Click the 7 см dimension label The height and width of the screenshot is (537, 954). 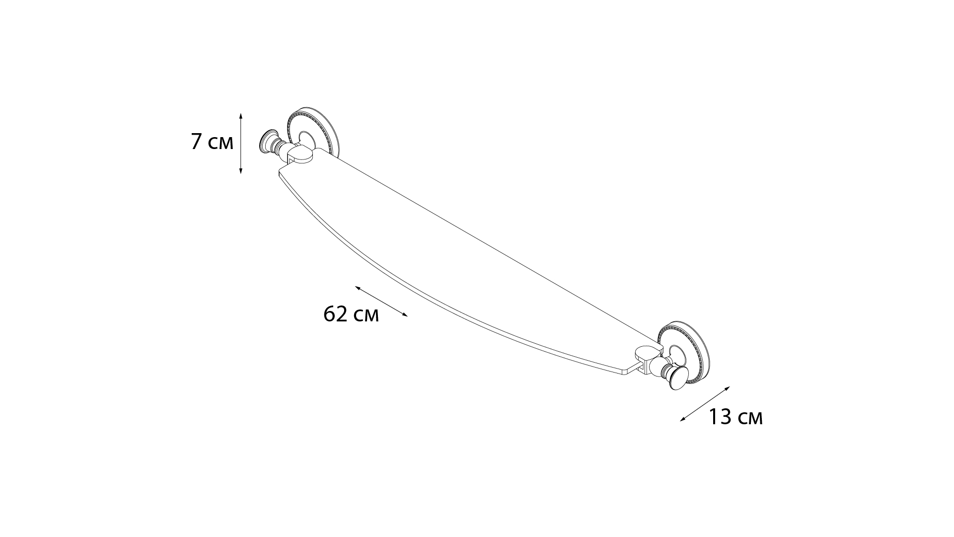212,143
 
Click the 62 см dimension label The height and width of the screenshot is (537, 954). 351,314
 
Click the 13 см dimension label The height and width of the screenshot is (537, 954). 735,417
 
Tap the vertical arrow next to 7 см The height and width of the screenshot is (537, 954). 241,143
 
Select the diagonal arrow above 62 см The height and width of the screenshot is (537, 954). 381,302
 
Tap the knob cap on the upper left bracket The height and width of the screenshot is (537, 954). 268,141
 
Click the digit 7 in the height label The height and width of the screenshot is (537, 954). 196,143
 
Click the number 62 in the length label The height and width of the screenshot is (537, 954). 336,314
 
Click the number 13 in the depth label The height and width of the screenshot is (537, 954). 719,417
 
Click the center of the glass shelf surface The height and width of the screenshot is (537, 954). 462,263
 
